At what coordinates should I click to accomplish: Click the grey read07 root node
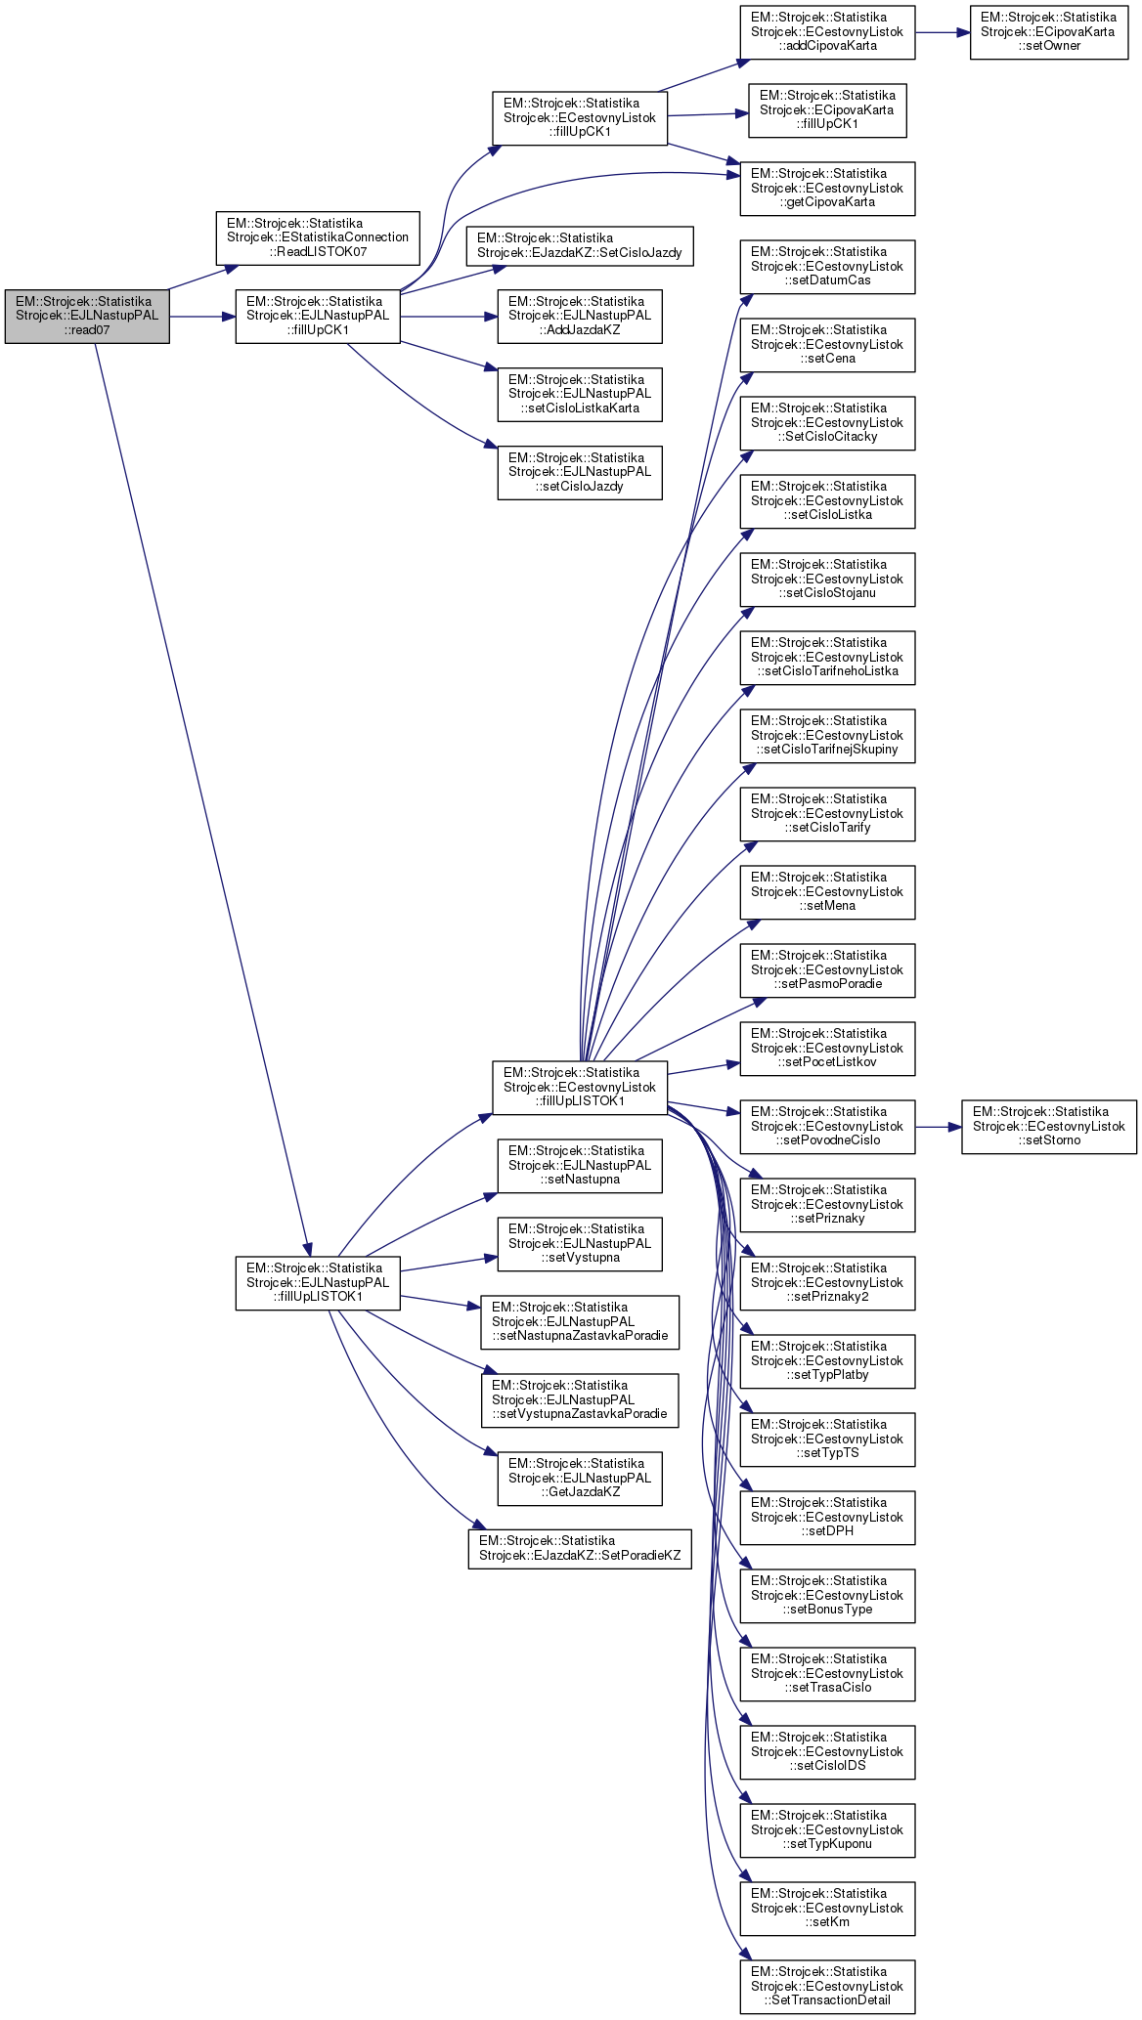coord(87,317)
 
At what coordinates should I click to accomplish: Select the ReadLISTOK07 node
coord(318,237)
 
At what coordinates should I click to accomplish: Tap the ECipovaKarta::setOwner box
coord(1049,32)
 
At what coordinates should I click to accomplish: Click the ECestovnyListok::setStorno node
coord(1049,1127)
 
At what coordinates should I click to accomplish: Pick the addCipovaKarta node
coord(827,32)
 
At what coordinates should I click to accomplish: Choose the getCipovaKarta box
coord(827,189)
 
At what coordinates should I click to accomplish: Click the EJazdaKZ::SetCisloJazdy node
coord(580,245)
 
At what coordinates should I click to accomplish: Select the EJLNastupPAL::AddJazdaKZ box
coord(580,317)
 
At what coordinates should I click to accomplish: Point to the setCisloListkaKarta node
coord(580,395)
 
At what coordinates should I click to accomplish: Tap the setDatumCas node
coord(827,267)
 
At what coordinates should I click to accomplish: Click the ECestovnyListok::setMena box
coord(827,892)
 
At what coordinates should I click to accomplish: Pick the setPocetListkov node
coord(827,1049)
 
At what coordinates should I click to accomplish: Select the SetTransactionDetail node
coord(827,1987)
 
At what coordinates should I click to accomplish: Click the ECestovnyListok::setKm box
coord(827,1909)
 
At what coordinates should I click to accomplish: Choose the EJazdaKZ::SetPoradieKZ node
coord(580,1549)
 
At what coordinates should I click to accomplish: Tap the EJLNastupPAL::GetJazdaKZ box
coord(580,1479)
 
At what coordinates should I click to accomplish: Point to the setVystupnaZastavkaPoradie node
coord(580,1400)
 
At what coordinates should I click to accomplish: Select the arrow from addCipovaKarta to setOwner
coord(943,32)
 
